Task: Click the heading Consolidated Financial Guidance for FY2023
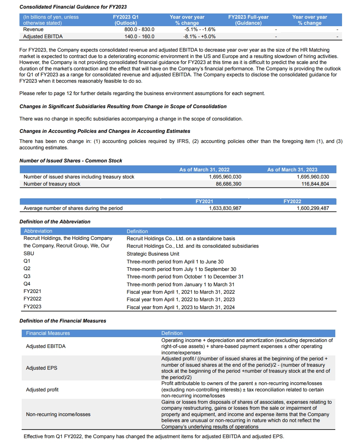click(x=73, y=7)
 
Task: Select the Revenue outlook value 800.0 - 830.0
click(x=139, y=29)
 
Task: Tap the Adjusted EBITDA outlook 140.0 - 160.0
click(x=139, y=37)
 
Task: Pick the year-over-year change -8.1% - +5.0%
click(x=199, y=37)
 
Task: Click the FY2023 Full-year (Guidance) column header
click(x=248, y=20)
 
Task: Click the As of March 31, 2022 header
click(x=204, y=169)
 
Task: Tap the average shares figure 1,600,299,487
click(x=312, y=208)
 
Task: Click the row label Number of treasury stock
click(x=52, y=184)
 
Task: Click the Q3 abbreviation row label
click(x=27, y=276)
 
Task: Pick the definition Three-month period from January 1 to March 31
click(x=181, y=284)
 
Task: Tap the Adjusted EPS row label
click(x=42, y=368)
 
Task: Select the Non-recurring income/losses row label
click(x=58, y=414)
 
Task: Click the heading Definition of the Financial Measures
click(x=62, y=321)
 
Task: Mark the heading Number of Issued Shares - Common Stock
click(x=71, y=161)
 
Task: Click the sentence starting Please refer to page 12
click(x=142, y=93)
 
